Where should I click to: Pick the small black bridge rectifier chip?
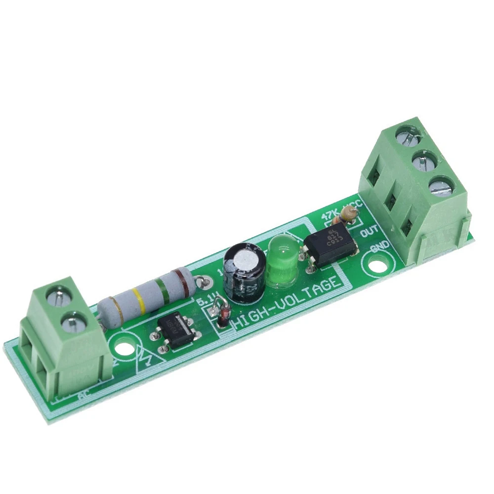tap(175, 329)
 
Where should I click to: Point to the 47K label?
tap(330, 216)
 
